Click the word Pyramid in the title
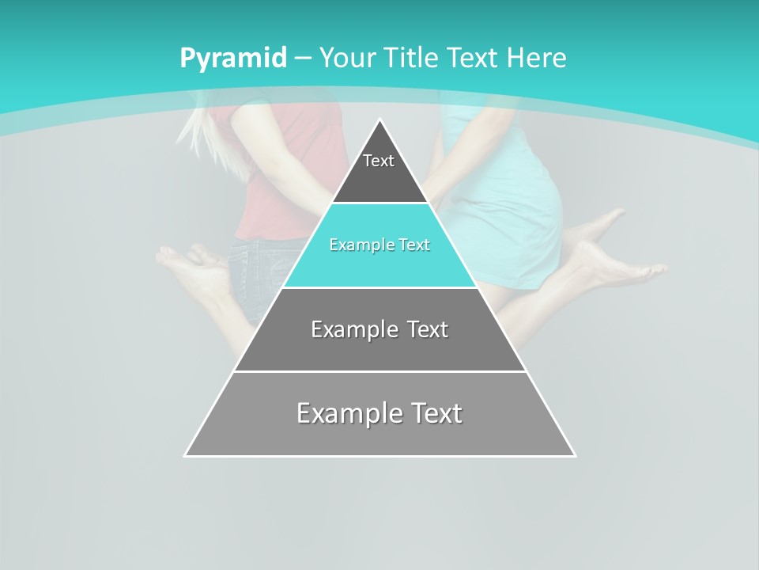pos(232,59)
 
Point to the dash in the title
pos(302,59)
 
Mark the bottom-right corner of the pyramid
pos(574,455)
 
